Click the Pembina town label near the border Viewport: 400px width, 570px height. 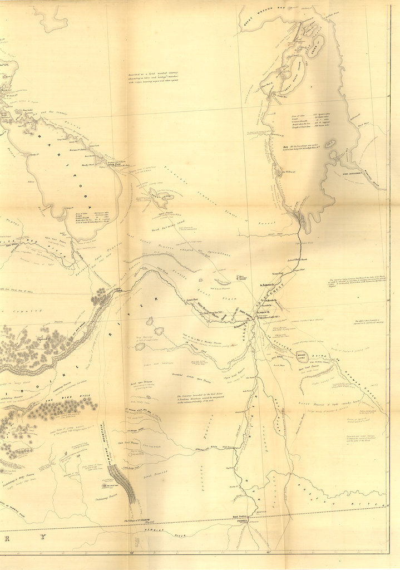coord(240,522)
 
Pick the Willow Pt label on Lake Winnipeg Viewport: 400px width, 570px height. coord(291,172)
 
